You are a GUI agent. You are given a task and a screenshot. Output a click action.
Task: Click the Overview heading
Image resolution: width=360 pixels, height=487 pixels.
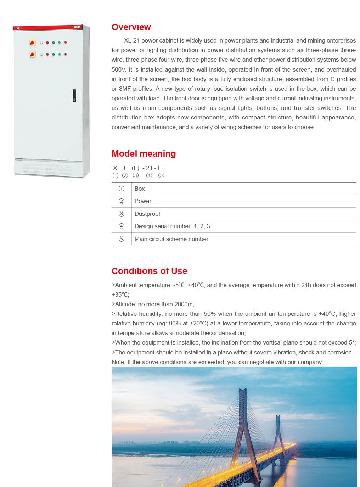[x=131, y=27]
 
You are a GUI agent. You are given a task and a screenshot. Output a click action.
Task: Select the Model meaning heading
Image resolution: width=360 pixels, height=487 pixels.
[x=144, y=153]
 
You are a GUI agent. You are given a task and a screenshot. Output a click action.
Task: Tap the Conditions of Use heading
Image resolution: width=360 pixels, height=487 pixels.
[x=149, y=271]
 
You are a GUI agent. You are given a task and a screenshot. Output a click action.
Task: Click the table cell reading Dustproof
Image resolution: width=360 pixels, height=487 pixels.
[x=147, y=214]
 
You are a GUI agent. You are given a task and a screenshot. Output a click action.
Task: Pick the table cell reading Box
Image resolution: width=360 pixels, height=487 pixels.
[x=140, y=189]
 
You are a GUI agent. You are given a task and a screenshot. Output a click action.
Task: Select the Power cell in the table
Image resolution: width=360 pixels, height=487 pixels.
[x=143, y=201]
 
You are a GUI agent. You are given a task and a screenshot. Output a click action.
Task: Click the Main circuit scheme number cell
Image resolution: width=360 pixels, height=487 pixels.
[x=171, y=239]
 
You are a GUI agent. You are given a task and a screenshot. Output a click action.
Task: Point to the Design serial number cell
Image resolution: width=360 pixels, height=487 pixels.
[x=172, y=226]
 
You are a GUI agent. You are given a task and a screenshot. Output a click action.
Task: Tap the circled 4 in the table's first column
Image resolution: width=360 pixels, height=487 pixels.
[x=122, y=226]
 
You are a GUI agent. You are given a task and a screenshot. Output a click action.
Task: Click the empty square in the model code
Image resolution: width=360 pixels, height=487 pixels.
[x=161, y=168]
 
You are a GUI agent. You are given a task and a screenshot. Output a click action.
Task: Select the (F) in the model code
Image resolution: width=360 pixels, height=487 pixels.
[x=135, y=168]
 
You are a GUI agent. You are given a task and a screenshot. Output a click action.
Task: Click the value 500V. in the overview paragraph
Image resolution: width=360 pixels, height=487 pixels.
[x=119, y=69]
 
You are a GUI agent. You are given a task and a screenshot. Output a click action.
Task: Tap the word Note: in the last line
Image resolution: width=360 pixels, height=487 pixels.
[x=118, y=362]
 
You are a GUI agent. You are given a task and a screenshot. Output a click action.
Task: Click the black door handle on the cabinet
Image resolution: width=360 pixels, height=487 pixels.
[x=74, y=95]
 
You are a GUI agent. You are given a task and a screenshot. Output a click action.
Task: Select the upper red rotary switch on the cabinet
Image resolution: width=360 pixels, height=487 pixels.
[x=32, y=43]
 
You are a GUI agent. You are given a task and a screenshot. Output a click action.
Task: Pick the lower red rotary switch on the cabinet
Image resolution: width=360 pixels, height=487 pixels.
[x=32, y=54]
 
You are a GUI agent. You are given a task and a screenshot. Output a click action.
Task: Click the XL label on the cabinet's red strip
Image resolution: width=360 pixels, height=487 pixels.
[x=18, y=28]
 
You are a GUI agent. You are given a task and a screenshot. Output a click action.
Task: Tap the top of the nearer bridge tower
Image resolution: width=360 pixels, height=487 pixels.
[x=243, y=390]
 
